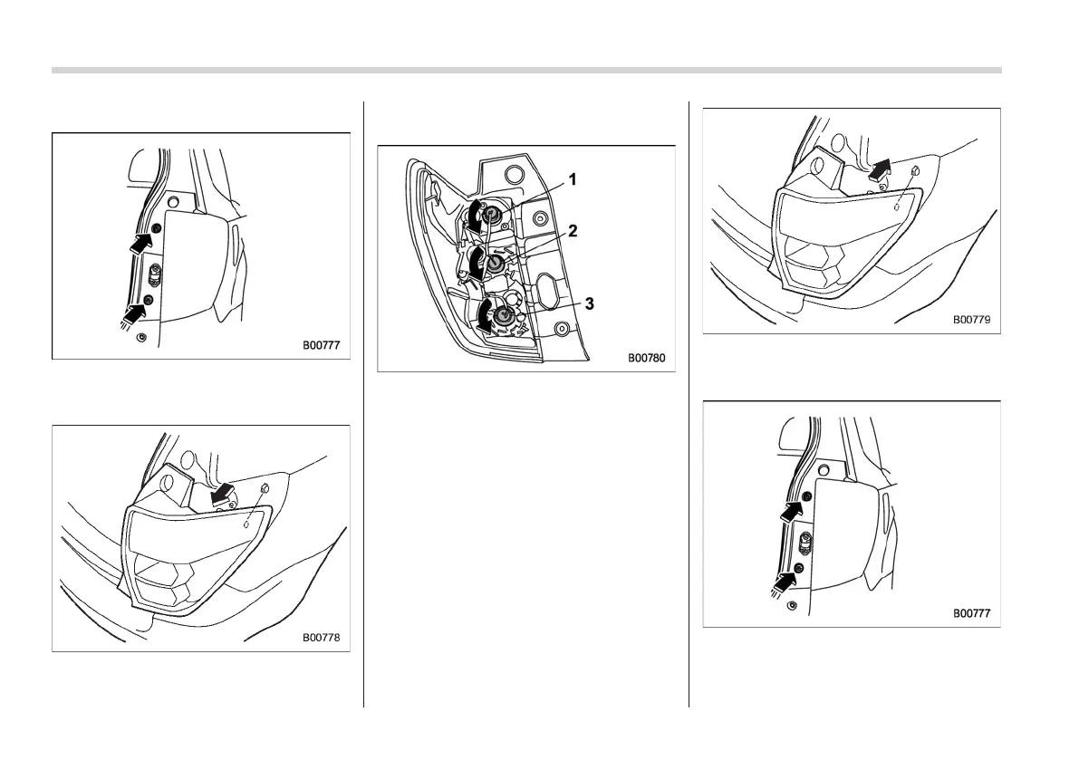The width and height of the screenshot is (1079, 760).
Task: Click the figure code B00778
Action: (322, 638)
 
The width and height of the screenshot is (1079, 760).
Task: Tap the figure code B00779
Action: (971, 320)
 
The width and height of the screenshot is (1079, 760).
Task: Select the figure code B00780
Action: (646, 358)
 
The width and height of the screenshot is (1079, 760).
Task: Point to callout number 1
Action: (573, 179)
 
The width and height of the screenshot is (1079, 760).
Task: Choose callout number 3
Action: (589, 303)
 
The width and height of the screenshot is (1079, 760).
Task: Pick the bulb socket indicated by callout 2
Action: (495, 264)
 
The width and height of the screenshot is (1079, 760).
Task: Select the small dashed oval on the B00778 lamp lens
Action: (246, 524)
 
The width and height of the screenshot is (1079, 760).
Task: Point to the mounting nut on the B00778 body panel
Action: (262, 490)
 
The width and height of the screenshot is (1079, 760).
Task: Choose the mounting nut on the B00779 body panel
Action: (913, 172)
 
